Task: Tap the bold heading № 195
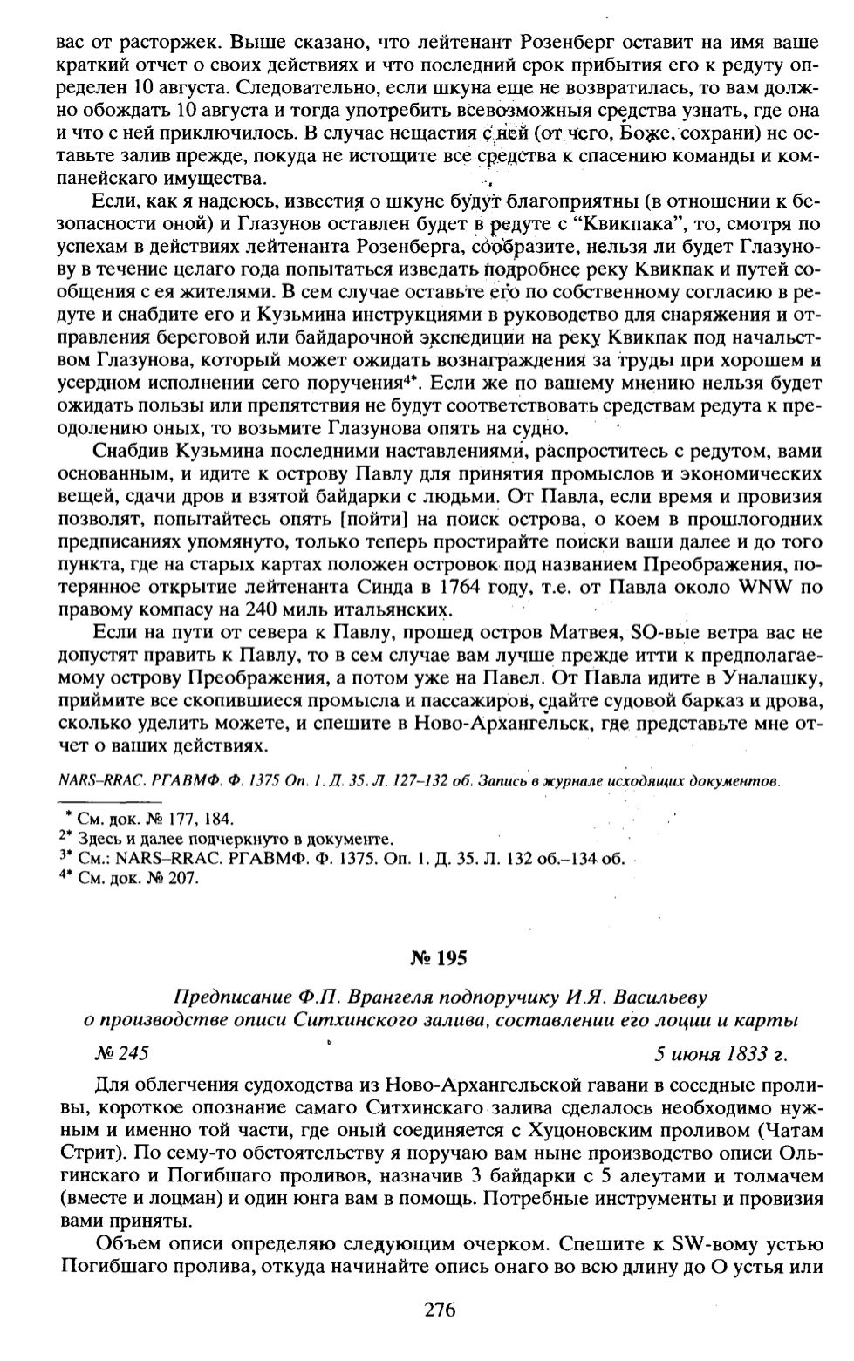click(x=439, y=958)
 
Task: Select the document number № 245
click(x=121, y=1054)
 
